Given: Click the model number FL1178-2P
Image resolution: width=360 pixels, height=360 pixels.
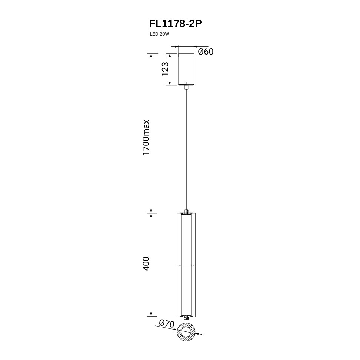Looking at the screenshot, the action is point(176,23).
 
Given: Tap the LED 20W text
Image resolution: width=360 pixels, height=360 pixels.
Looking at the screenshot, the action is point(159,34).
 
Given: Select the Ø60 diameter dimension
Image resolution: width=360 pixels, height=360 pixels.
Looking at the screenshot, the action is point(206,52).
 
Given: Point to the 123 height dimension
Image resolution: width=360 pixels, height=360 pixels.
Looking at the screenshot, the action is point(165,69).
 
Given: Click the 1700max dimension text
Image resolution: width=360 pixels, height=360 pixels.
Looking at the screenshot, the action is point(146,138).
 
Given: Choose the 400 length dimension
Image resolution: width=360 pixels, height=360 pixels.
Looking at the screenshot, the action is point(146,264).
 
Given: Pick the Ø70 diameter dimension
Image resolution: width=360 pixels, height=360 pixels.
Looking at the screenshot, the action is point(167,324).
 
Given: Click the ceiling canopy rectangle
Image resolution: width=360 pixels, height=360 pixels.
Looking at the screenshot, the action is point(186,69).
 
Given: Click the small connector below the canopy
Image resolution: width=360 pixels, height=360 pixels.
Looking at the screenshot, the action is point(186,87).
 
